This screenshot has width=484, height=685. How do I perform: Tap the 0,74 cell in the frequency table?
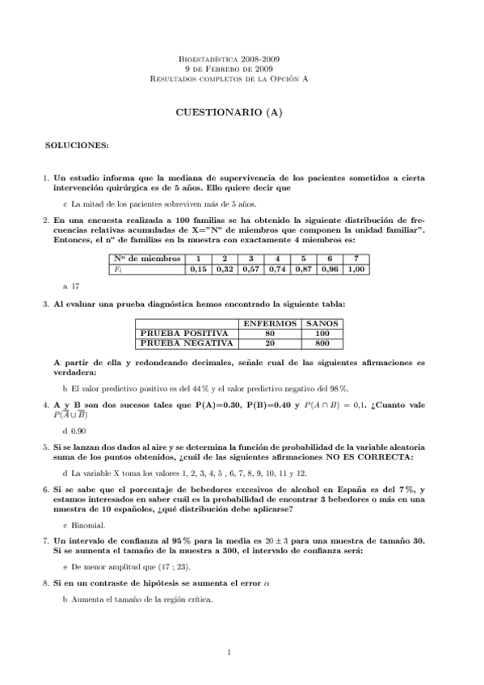point(278,269)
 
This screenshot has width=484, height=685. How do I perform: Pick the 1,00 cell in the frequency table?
point(356,269)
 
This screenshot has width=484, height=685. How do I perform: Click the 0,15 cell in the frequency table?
point(198,269)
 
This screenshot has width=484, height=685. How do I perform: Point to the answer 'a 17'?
point(70,286)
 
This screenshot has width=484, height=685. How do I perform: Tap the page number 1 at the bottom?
point(229,652)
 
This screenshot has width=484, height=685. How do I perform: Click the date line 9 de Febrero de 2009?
point(229,69)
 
